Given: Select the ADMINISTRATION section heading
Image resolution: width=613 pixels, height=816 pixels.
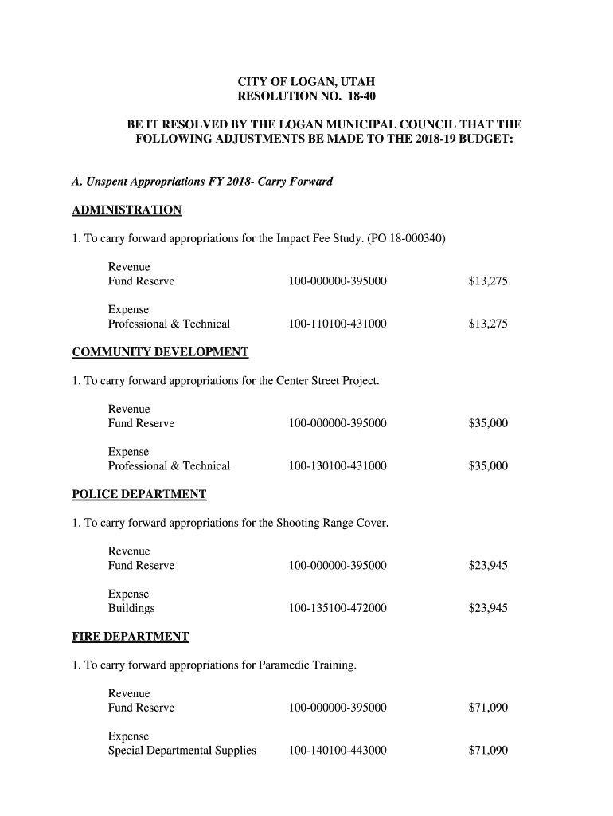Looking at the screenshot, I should [127, 210].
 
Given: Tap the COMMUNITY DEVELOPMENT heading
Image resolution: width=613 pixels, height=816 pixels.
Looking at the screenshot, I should [160, 352].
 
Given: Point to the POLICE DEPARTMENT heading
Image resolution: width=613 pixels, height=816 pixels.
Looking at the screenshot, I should [139, 495].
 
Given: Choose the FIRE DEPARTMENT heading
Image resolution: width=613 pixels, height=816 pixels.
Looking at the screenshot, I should [131, 637].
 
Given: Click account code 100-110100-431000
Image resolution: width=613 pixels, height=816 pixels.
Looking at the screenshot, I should [338, 324].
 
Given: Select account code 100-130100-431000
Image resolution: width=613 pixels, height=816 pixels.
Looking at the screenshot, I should [338, 466].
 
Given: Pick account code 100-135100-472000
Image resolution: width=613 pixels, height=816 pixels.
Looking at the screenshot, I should [338, 609].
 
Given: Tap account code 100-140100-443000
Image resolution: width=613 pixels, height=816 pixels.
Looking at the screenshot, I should [338, 751].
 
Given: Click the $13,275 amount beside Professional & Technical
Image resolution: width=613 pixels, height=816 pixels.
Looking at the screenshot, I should [488, 324].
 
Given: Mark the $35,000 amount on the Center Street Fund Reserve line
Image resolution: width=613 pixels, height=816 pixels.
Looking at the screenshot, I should [488, 424].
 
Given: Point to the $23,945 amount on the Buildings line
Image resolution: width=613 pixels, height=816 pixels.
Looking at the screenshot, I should [488, 609].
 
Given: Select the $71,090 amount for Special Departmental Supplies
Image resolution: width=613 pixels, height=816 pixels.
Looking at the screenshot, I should [488, 751].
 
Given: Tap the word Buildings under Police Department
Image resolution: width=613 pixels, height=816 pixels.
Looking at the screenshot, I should [131, 609].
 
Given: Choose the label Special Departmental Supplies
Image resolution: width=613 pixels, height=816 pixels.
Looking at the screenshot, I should [182, 751].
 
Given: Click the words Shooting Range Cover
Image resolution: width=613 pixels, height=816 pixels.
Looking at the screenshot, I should [332, 524].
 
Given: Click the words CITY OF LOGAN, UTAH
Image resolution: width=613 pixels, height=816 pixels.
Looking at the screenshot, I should [306, 82].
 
